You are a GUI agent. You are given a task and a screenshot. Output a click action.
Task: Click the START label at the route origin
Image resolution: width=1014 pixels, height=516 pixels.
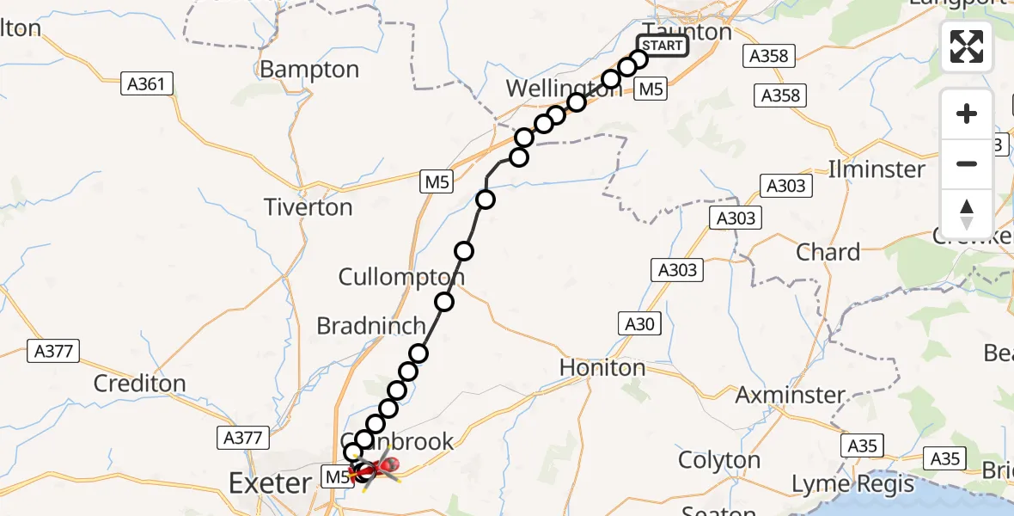(x=663, y=45)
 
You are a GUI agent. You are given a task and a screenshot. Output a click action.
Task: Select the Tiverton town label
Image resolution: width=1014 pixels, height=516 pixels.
(x=308, y=207)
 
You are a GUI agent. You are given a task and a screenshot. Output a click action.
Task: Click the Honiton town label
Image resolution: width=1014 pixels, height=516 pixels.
(x=602, y=367)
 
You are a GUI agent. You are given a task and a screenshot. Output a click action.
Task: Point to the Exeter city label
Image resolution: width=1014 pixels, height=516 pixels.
(x=270, y=483)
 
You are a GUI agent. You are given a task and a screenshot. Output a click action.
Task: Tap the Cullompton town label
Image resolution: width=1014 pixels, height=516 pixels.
(x=401, y=277)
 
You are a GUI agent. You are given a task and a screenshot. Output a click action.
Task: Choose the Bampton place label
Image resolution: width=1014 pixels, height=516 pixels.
(x=309, y=69)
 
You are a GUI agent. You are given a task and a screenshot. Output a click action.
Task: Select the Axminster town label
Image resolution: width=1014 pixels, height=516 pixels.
(x=791, y=395)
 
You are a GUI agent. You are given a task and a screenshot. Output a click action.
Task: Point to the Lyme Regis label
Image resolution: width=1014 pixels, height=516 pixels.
(x=852, y=484)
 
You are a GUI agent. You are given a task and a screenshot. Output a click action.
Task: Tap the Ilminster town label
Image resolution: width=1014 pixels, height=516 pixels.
(x=877, y=169)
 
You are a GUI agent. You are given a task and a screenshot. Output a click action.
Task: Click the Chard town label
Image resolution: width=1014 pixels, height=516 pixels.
(x=828, y=252)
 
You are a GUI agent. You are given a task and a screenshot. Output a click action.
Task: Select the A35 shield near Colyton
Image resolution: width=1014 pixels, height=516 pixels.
(x=862, y=445)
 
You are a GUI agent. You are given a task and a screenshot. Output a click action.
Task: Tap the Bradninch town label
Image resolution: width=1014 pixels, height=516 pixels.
(x=371, y=326)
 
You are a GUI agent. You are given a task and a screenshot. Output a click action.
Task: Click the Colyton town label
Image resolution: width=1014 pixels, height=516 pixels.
(x=719, y=460)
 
